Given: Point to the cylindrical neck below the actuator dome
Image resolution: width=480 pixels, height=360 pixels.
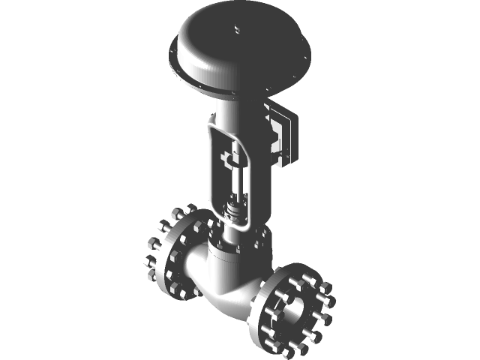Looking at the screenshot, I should coord(229,112).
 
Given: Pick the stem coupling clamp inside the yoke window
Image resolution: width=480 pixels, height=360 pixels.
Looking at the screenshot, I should coord(230,158).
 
